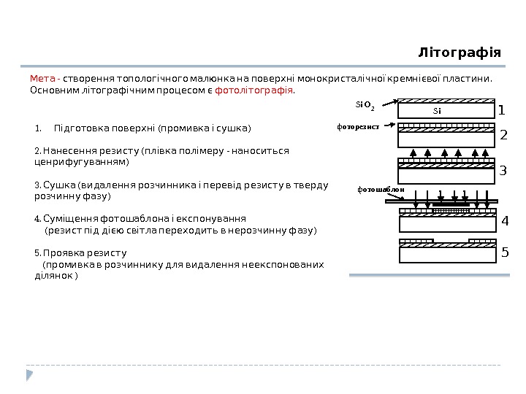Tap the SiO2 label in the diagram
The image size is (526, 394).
click(x=365, y=105)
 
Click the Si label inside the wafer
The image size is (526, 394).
click(x=437, y=112)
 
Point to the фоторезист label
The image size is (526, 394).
click(x=358, y=126)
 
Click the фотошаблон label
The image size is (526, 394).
click(x=380, y=189)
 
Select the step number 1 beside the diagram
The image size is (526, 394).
click(x=502, y=111)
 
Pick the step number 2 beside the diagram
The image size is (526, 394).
click(x=503, y=136)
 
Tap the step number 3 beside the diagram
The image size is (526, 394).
click(x=503, y=172)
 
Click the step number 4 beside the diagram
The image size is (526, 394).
click(x=503, y=221)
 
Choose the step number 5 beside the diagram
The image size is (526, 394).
click(x=503, y=253)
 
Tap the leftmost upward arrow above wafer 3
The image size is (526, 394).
click(x=414, y=153)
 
